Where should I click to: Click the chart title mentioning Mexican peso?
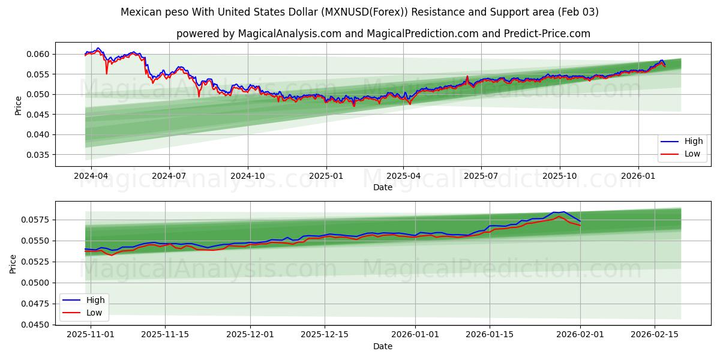(359, 12)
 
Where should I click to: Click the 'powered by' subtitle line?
(383, 34)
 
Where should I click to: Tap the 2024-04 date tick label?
(91, 176)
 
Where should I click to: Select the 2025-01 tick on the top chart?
(326, 176)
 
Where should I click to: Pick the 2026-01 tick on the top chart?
(638, 176)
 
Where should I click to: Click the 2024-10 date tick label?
(248, 176)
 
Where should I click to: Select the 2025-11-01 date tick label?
(91, 335)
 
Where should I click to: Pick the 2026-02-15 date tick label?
(653, 335)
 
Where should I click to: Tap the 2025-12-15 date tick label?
(325, 335)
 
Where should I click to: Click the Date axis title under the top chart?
(383, 187)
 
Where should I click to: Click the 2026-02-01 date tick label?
(580, 335)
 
